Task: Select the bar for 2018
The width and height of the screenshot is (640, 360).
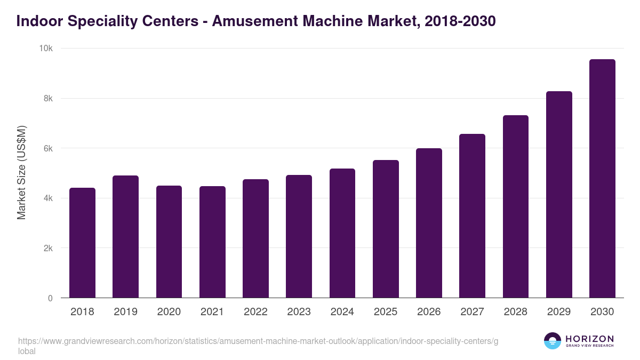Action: (82, 243)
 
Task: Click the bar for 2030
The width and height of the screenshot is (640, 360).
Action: (602, 179)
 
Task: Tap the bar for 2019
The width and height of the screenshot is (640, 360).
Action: (125, 237)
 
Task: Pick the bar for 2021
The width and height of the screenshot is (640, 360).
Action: (212, 242)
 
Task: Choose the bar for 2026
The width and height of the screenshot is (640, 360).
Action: (429, 223)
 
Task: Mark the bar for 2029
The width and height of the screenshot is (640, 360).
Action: (559, 195)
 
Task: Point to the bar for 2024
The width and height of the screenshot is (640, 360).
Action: (342, 233)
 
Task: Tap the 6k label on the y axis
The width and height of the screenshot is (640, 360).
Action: (48, 148)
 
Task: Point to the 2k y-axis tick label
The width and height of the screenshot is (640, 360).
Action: (48, 249)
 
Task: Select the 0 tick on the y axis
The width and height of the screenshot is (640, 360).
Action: (50, 298)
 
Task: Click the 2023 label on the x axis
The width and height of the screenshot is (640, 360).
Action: (299, 312)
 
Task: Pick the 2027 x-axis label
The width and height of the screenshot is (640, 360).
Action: (472, 312)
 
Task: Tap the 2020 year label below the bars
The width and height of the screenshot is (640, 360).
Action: (169, 312)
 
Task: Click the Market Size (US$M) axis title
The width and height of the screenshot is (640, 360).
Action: (21, 172)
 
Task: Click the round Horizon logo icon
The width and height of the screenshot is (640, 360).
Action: (553, 341)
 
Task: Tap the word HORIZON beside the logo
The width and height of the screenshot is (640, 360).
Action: (589, 339)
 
